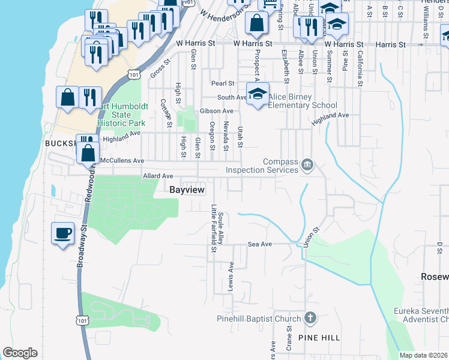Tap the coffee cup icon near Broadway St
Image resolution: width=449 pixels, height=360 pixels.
point(62,232)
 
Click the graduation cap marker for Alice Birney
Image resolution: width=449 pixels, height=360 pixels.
point(258,94)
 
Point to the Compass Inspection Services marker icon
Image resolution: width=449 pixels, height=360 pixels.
point(307,164)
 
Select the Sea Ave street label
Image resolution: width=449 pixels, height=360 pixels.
point(261,244)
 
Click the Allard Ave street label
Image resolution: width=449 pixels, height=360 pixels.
point(158,176)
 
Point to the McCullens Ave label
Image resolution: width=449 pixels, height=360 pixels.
point(122,161)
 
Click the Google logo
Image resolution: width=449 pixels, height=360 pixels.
point(20,353)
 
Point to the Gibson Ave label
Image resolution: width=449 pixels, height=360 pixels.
point(217,111)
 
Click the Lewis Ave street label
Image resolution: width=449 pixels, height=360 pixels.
point(231,274)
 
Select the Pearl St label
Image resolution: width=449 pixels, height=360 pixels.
point(221,83)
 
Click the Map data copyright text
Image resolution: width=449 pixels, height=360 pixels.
point(424,355)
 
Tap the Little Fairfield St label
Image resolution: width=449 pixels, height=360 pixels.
point(214,229)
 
